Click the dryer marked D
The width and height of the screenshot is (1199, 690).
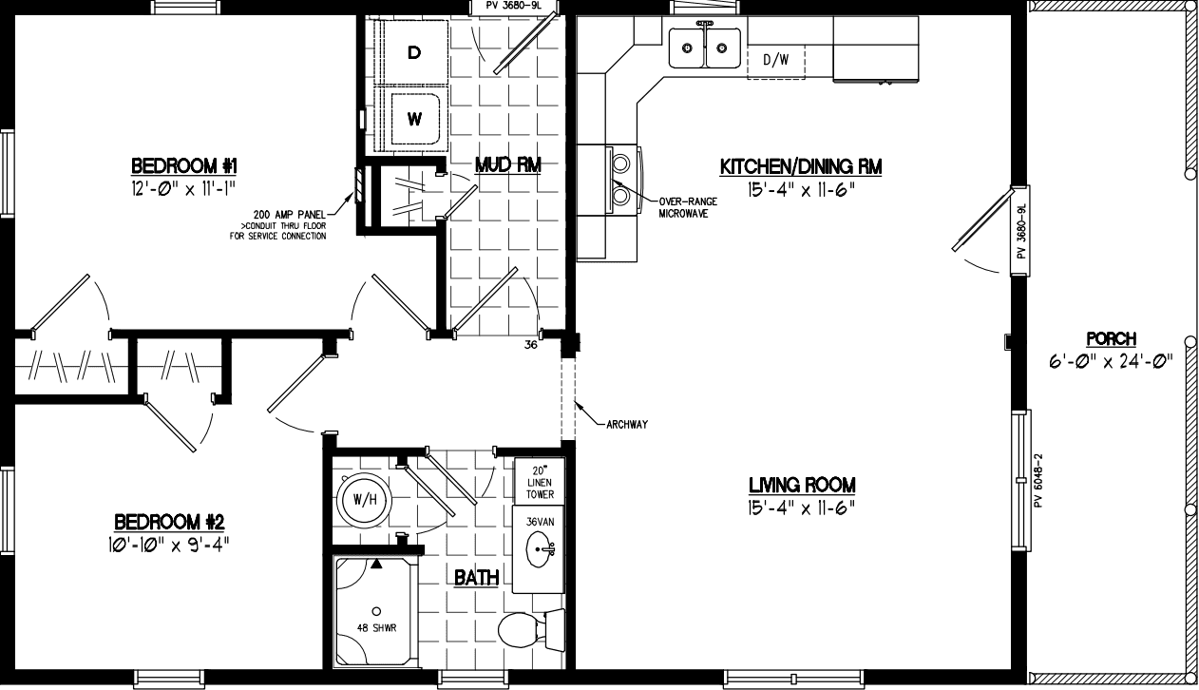coord(413,53)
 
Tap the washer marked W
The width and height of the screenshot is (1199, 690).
coord(413,119)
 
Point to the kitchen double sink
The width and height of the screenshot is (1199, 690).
coord(704,47)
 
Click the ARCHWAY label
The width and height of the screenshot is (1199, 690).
coord(626,424)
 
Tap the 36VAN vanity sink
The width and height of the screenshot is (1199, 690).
coord(542,550)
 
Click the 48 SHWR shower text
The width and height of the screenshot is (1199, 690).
coord(377,626)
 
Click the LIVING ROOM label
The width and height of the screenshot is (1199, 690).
coord(801,485)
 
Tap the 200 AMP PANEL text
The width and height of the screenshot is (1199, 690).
coord(289,214)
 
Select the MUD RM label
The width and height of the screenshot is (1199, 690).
coord(507,165)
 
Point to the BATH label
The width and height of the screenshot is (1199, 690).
coord(476,577)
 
